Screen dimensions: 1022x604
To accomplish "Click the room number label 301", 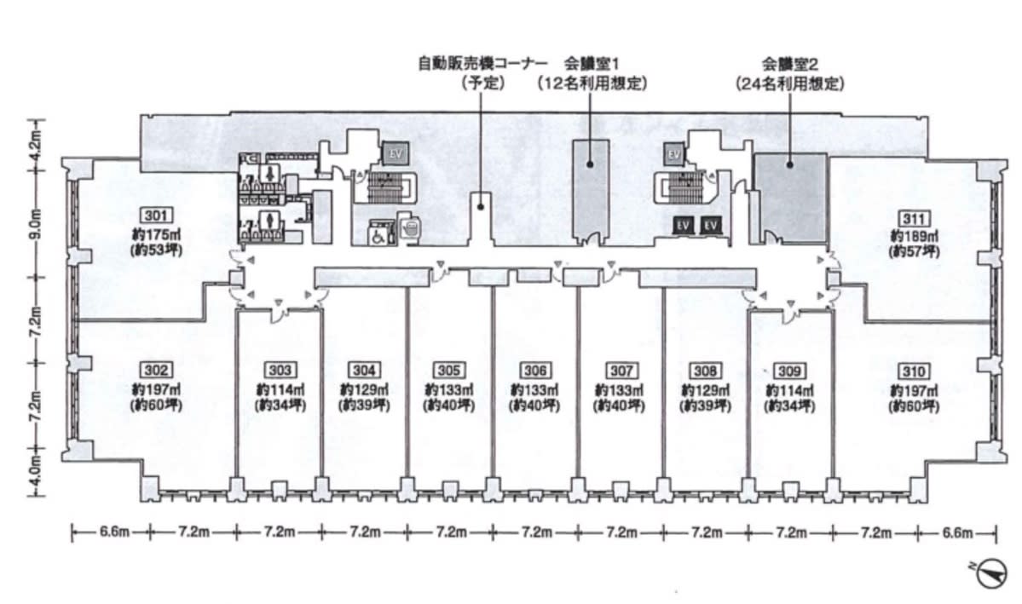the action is click(x=157, y=216).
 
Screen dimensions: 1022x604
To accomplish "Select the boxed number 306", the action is click(x=534, y=371).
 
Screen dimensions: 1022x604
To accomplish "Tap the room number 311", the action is click(x=914, y=218).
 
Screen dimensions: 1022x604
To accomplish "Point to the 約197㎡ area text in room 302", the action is click(x=156, y=389).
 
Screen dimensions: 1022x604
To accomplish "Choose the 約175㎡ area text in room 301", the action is click(x=156, y=233).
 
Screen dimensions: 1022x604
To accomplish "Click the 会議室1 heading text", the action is click(x=592, y=64).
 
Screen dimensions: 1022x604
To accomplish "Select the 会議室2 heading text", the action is click(x=790, y=64).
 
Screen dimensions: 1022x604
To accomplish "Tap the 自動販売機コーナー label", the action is click(x=483, y=64).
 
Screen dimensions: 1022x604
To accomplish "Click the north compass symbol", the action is click(x=990, y=575).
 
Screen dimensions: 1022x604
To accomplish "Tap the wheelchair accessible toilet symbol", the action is click(x=378, y=235).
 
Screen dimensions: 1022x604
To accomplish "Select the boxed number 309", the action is click(x=788, y=371).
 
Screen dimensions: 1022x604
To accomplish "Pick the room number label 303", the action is click(x=280, y=370).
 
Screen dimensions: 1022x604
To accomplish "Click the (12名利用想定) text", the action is click(x=592, y=83).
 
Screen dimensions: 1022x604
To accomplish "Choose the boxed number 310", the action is click(x=913, y=371).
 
